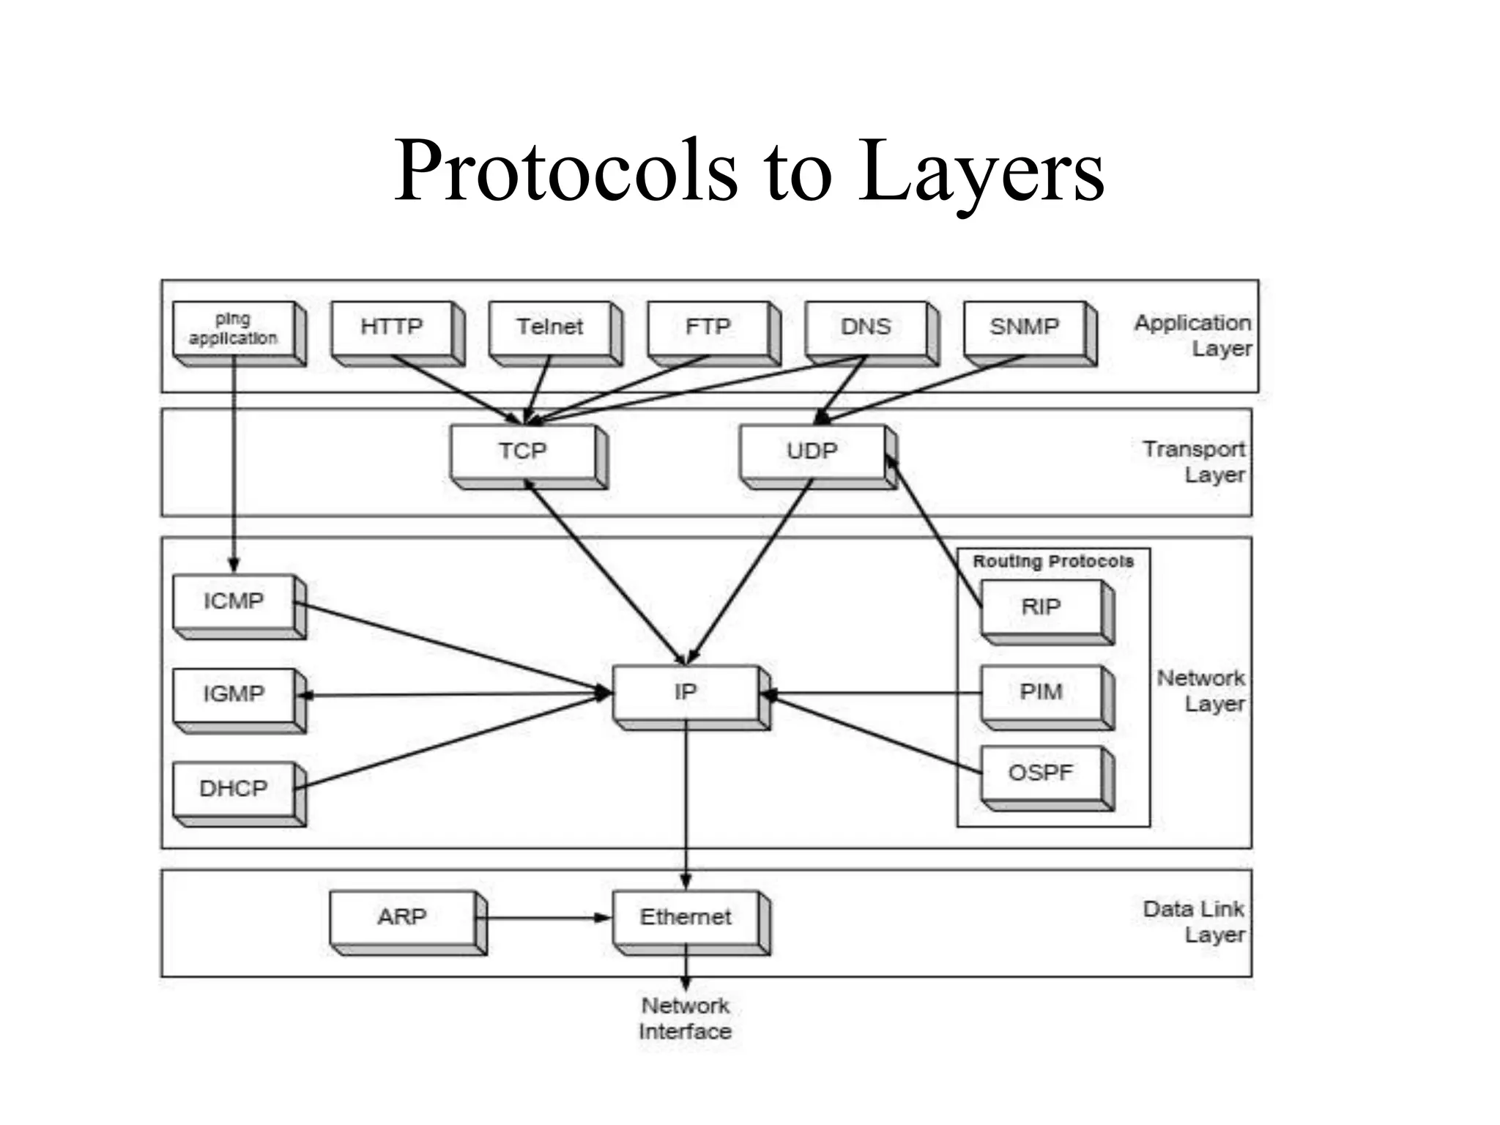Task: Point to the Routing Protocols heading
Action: pos(1052,562)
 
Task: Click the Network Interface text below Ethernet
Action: pos(685,1019)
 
